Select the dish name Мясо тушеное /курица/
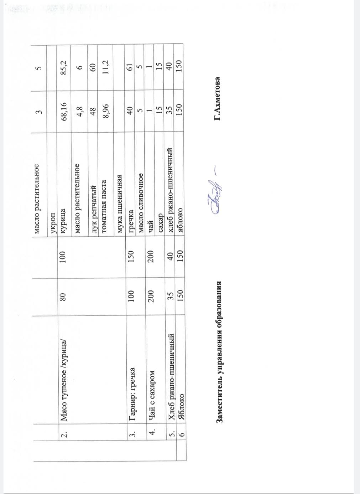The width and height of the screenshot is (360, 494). coord(64,380)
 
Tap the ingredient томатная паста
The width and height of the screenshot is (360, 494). coord(104,206)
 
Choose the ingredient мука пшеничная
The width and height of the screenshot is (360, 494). coord(120,204)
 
